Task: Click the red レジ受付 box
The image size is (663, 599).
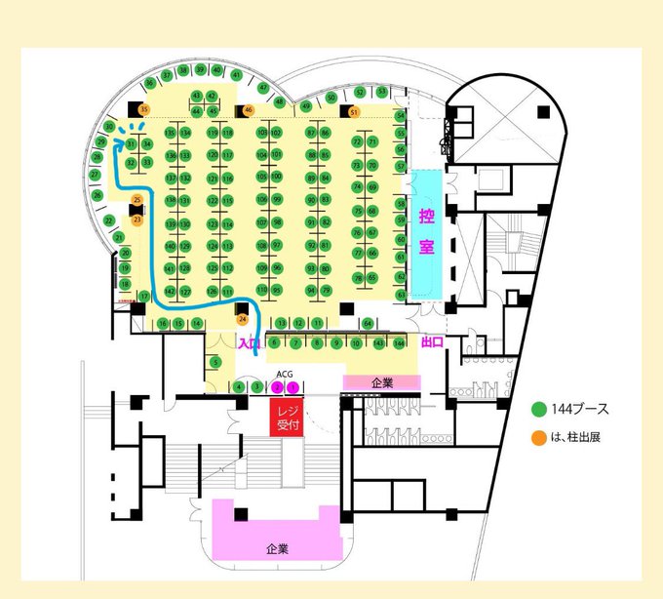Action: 287,417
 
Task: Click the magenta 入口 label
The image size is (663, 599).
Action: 249,342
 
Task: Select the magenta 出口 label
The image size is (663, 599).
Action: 432,342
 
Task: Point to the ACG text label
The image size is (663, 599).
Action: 285,373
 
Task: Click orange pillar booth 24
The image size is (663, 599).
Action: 243,318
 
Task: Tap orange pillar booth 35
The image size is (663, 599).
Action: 143,110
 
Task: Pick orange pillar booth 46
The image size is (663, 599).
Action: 249,109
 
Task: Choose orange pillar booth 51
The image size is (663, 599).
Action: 354,112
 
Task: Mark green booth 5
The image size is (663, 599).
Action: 215,363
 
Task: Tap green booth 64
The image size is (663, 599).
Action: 368,323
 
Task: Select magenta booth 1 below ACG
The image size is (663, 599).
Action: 293,387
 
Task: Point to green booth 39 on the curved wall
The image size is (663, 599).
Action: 201,70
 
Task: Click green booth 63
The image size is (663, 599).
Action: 401,294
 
